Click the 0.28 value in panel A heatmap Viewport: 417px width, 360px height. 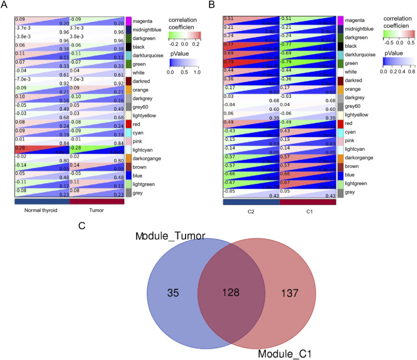click(x=20, y=148)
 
